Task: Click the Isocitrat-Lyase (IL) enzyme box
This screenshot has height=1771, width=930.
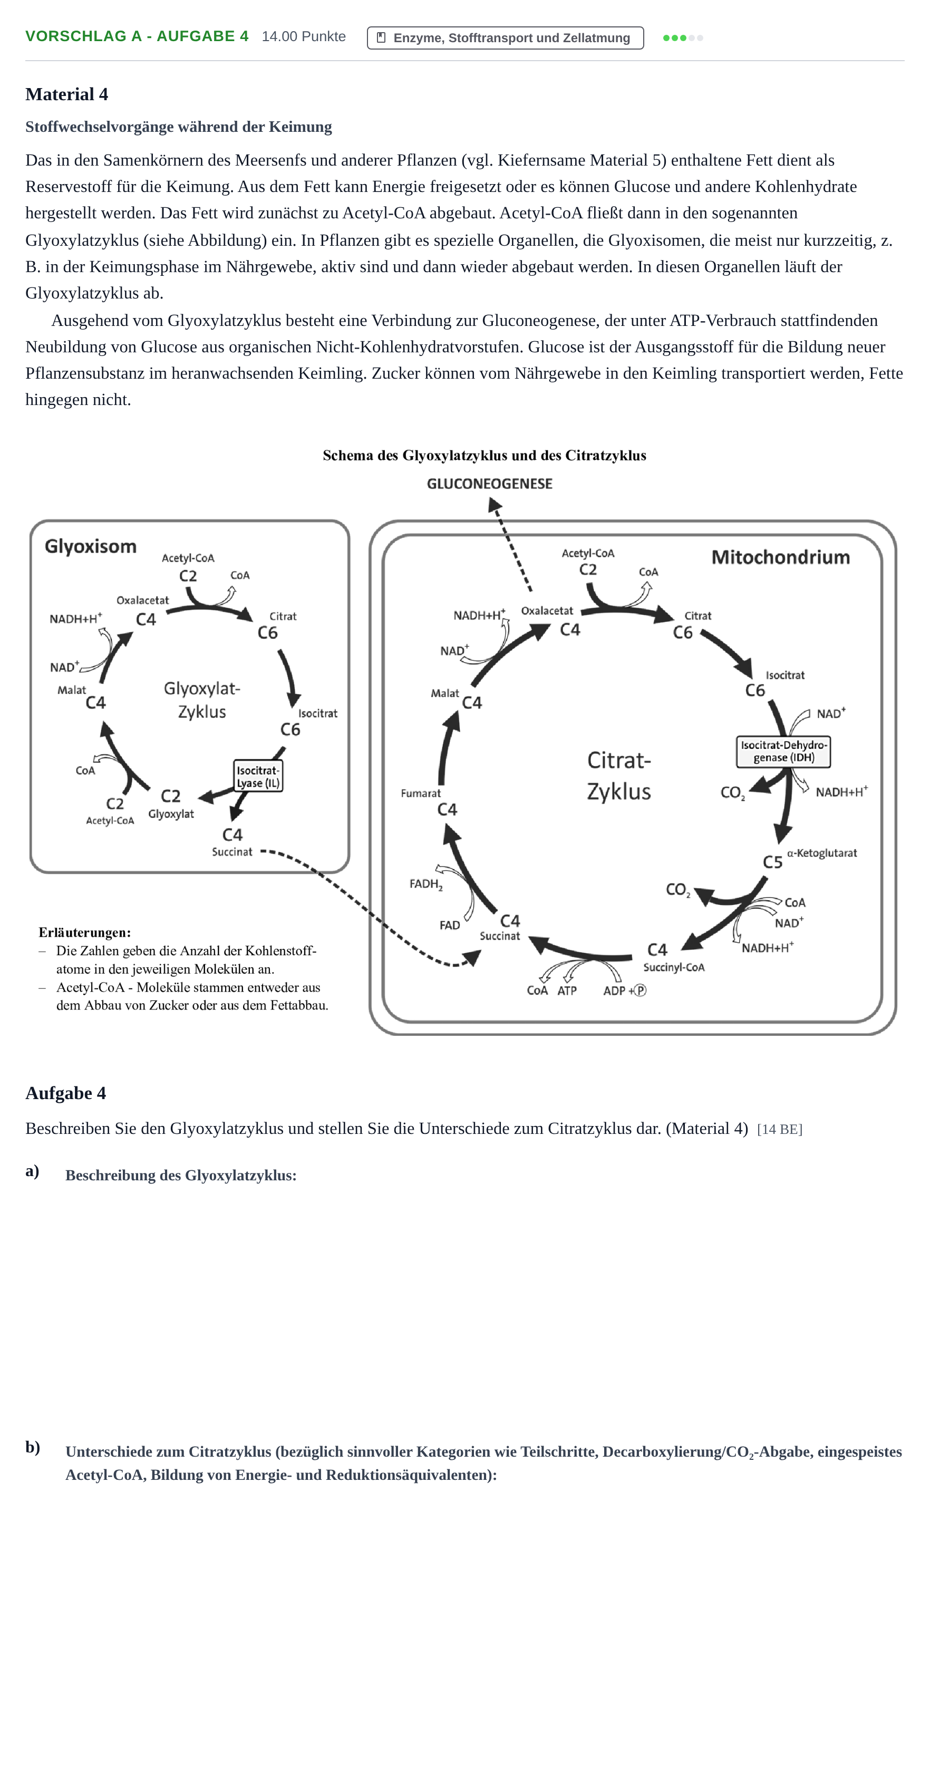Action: point(258,776)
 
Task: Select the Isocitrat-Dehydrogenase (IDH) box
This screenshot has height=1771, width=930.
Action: point(783,752)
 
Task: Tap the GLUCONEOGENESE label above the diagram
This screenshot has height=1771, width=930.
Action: point(489,484)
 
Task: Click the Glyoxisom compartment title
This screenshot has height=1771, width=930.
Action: point(91,546)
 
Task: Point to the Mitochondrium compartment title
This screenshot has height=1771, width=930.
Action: point(781,557)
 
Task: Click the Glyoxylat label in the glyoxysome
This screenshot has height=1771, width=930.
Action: point(171,814)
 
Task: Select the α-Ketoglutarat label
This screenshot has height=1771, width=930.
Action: point(822,853)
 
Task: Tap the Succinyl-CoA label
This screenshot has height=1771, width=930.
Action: point(674,967)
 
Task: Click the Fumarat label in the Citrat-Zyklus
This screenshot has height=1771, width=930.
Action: point(421,793)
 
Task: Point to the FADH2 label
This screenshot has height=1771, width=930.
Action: point(426,884)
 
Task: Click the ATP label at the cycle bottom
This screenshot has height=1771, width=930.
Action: point(567,990)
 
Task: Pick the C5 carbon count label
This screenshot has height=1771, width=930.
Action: point(772,862)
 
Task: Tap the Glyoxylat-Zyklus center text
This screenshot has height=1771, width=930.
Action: point(202,700)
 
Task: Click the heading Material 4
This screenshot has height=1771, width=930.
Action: point(66,94)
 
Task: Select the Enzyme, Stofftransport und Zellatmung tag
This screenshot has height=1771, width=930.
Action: point(505,38)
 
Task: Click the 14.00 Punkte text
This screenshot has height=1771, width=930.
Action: point(304,36)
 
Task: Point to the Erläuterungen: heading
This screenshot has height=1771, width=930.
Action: point(84,933)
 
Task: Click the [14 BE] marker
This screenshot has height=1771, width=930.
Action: point(779,1130)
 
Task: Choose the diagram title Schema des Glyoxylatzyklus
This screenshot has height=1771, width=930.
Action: point(485,456)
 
